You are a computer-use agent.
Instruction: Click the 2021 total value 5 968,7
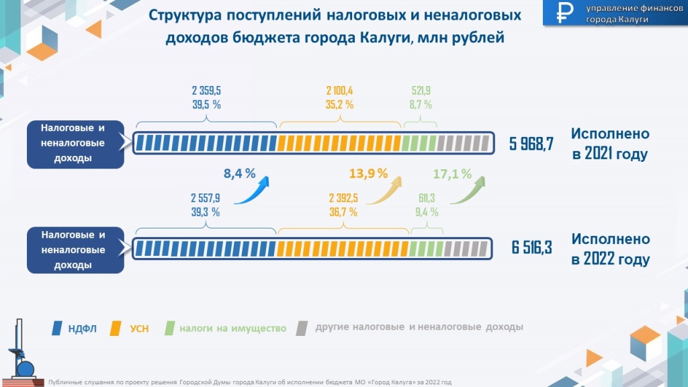point(531,143)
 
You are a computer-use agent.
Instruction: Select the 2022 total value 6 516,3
point(531,248)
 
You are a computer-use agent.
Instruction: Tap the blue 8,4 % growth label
point(239,174)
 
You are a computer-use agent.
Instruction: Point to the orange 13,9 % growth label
point(369,173)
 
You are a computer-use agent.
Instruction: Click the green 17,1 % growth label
point(452,173)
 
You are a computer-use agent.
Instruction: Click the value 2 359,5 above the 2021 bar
point(206,91)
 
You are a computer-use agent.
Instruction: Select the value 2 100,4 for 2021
point(340,91)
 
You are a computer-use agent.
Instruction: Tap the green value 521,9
point(421,91)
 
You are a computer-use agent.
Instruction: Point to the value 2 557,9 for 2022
point(206,198)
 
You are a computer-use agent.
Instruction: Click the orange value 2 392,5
point(343,198)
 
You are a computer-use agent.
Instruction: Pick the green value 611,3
point(425,198)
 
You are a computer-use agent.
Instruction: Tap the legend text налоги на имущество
point(232,329)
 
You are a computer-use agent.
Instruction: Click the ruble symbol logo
point(564,13)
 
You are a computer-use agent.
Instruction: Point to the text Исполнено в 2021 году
point(610,144)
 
